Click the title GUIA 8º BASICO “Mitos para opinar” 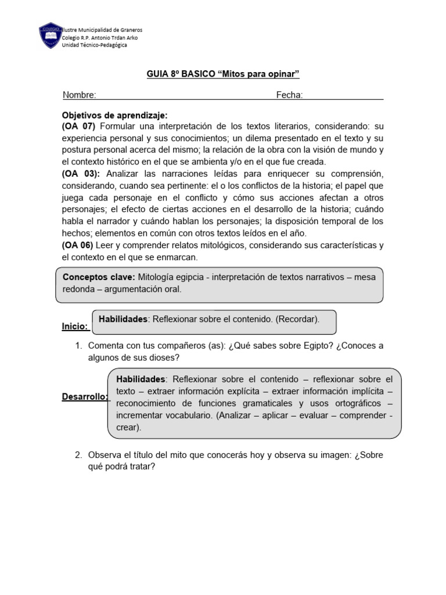tap(222, 74)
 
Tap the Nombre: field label tap(80, 95)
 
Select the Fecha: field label tap(289, 95)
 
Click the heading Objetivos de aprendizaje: tap(114, 116)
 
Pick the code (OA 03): tap(81, 174)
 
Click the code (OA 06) tap(78, 245)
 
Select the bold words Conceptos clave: tap(99, 277)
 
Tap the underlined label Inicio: tap(75, 327)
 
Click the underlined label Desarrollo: tap(85, 397)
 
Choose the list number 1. tap(78, 346)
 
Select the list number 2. tap(78, 455)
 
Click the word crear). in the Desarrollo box tap(128, 427)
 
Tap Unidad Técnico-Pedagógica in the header tap(94, 45)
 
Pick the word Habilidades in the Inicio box tap(124, 319)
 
